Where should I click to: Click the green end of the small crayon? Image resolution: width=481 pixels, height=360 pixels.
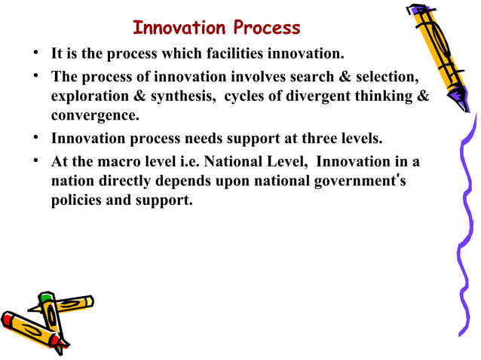coord(47,298)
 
